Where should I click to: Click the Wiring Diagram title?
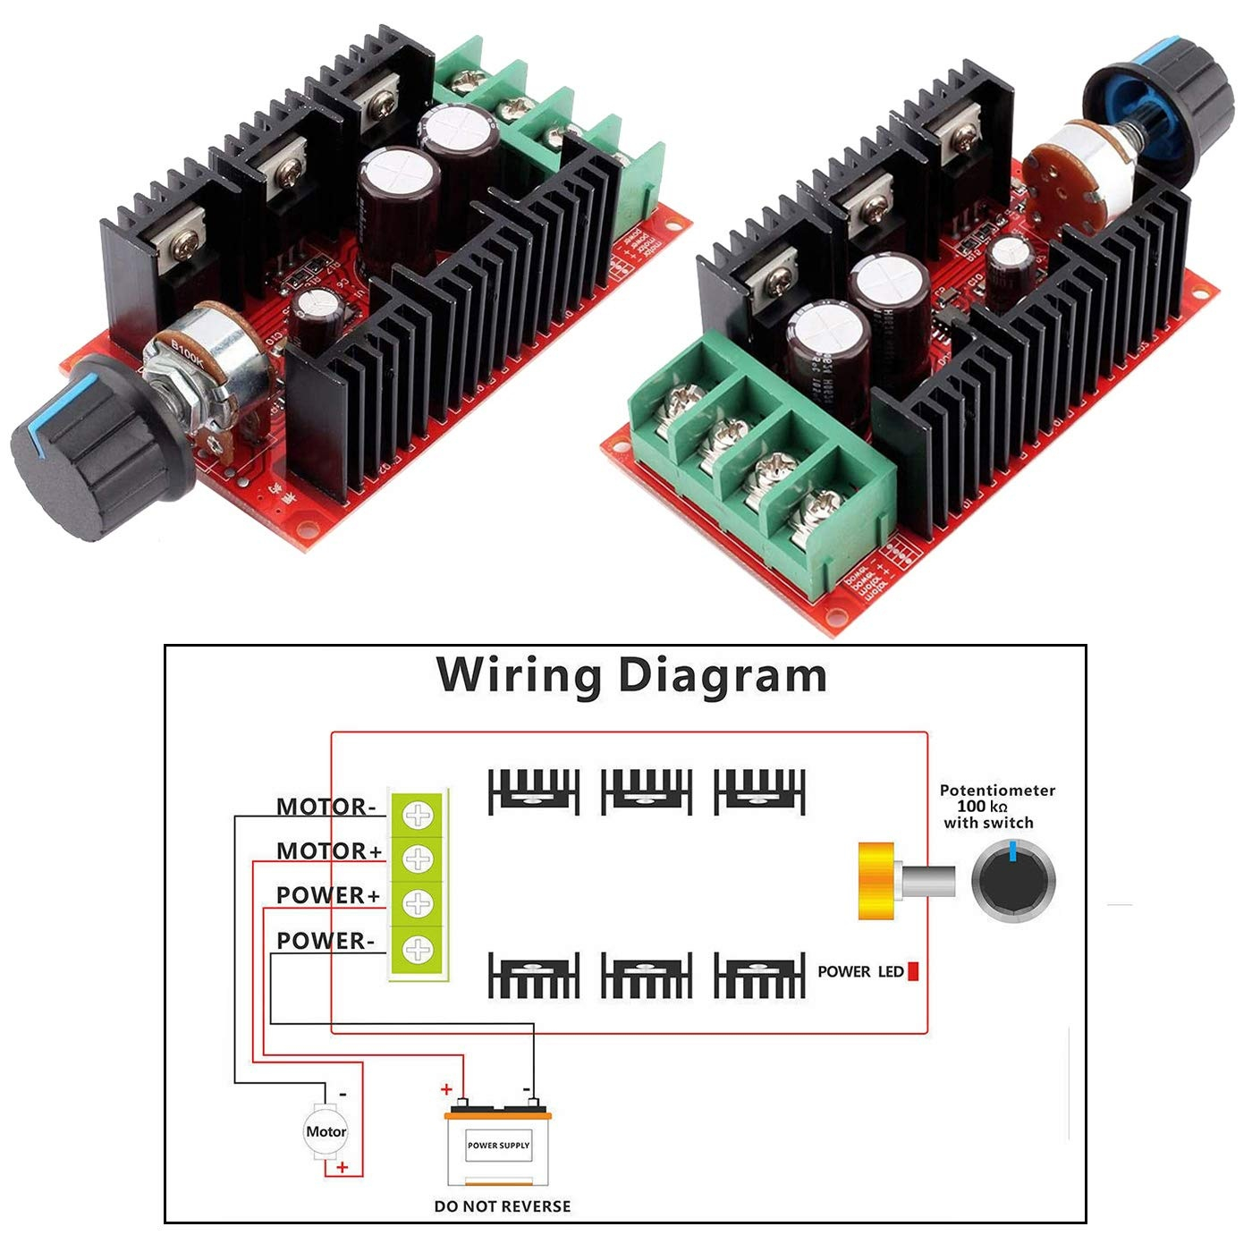click(631, 675)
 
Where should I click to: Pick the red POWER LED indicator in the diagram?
click(913, 971)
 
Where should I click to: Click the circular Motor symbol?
click(326, 1131)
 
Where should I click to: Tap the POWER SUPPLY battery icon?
click(498, 1148)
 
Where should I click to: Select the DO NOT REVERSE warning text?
click(502, 1206)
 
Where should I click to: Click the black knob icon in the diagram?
click(1013, 882)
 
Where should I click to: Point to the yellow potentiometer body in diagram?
click(876, 881)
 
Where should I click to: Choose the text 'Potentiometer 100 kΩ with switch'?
click(996, 807)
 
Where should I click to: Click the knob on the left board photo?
click(98, 447)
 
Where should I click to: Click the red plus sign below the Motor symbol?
click(342, 1167)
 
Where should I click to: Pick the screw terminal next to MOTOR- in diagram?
click(418, 814)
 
